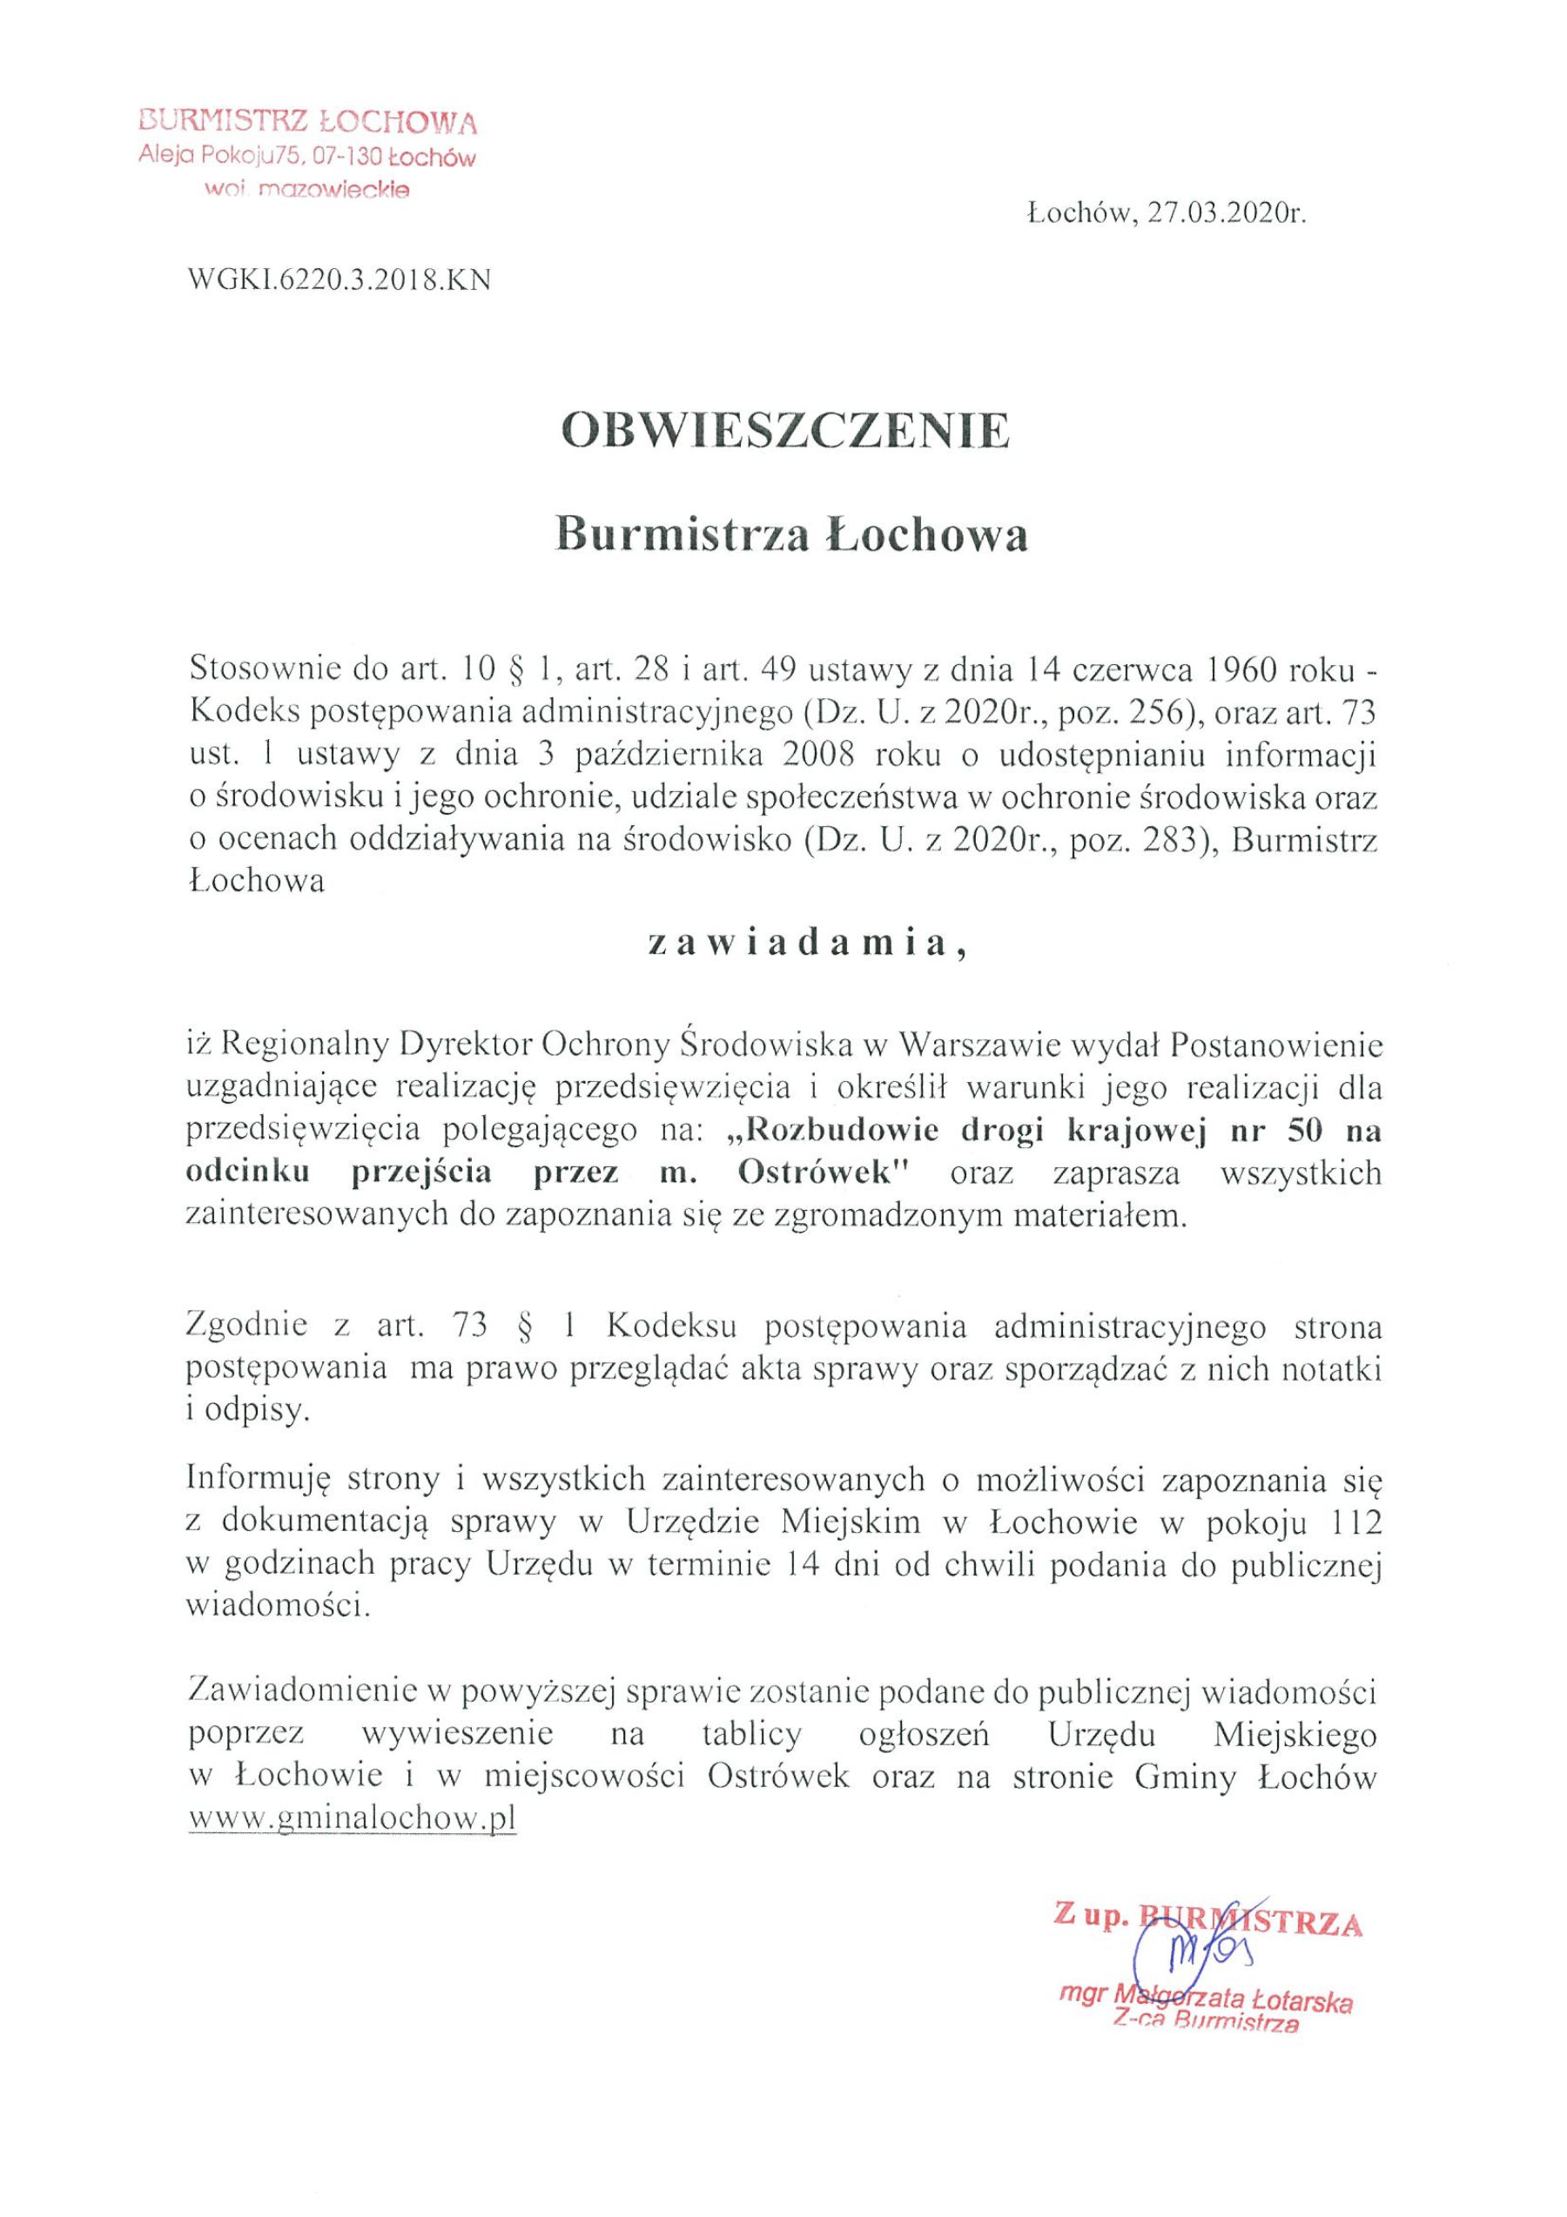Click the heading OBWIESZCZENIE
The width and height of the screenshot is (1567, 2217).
tap(785, 433)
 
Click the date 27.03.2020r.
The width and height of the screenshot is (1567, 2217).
tap(1227, 214)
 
